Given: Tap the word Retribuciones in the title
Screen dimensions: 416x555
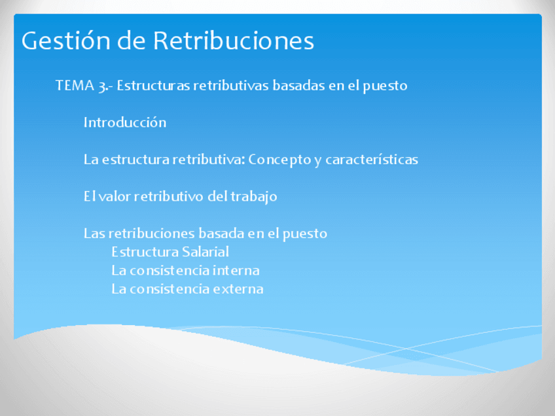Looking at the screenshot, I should tap(234, 41).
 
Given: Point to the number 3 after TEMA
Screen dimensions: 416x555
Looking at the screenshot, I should tap(103, 86).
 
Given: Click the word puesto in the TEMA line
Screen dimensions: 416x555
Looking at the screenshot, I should tap(386, 86).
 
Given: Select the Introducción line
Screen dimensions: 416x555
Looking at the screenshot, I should tap(125, 122).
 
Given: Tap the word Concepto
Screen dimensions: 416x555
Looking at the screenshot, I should tap(280, 160).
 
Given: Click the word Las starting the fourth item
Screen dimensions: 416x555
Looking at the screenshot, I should tap(94, 234).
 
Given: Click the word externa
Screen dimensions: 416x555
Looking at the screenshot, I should tap(238, 288).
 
